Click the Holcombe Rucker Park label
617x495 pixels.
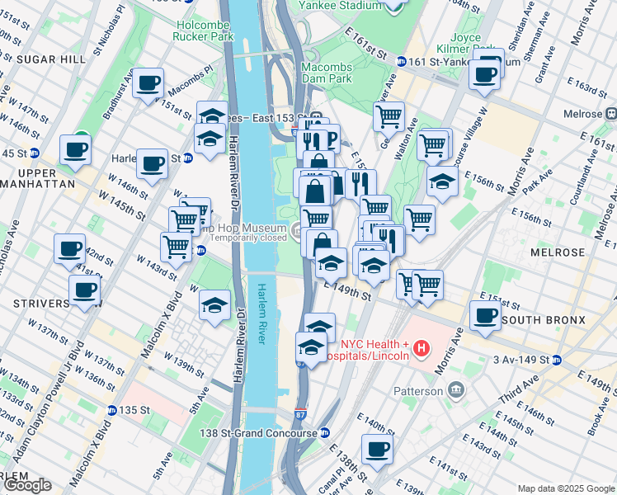point(204,31)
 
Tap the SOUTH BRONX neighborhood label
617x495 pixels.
point(543,320)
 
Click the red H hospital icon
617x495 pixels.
point(422,349)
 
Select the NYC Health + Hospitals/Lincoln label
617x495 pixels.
point(371,350)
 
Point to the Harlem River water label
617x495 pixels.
point(262,314)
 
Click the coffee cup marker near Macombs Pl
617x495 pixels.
point(148,83)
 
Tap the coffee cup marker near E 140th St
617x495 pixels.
point(377,450)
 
